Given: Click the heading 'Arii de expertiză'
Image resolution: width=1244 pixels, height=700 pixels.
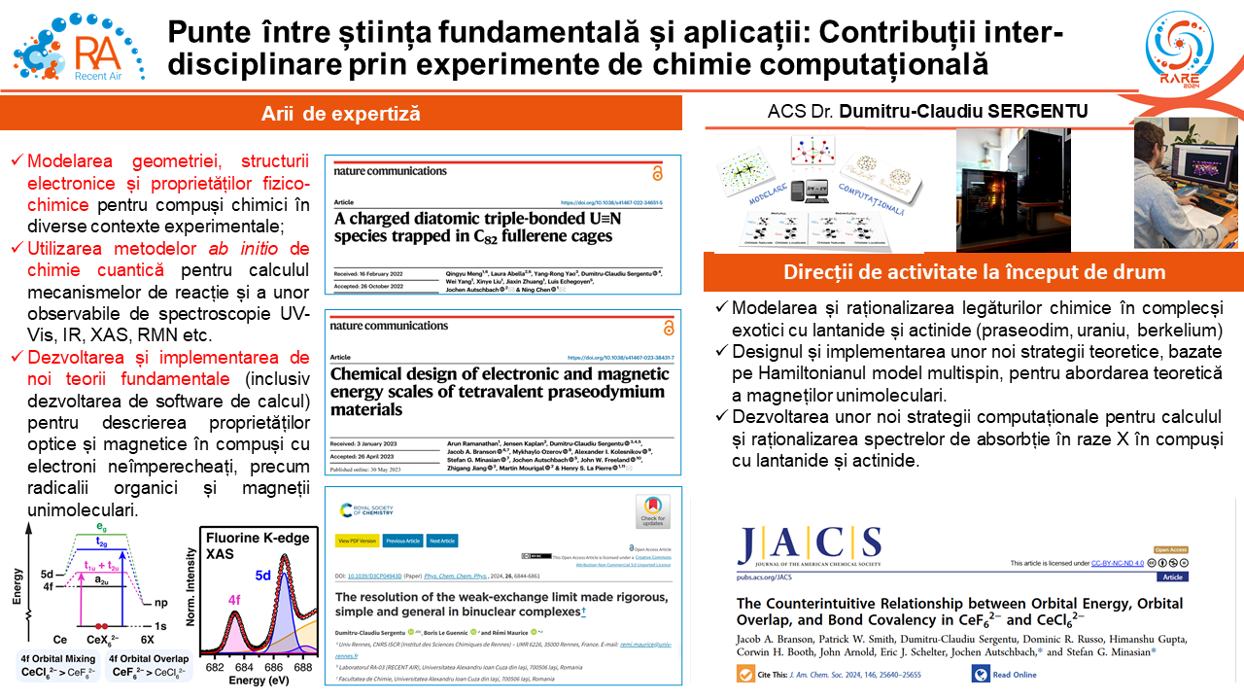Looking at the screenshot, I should point(340,114).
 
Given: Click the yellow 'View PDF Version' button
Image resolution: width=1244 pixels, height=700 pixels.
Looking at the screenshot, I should point(357,541).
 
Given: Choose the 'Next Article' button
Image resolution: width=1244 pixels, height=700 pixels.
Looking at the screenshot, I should point(442,541).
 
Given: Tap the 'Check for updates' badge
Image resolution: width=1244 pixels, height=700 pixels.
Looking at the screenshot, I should point(652,511).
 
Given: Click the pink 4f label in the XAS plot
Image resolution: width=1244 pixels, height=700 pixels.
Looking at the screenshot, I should point(234,601).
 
